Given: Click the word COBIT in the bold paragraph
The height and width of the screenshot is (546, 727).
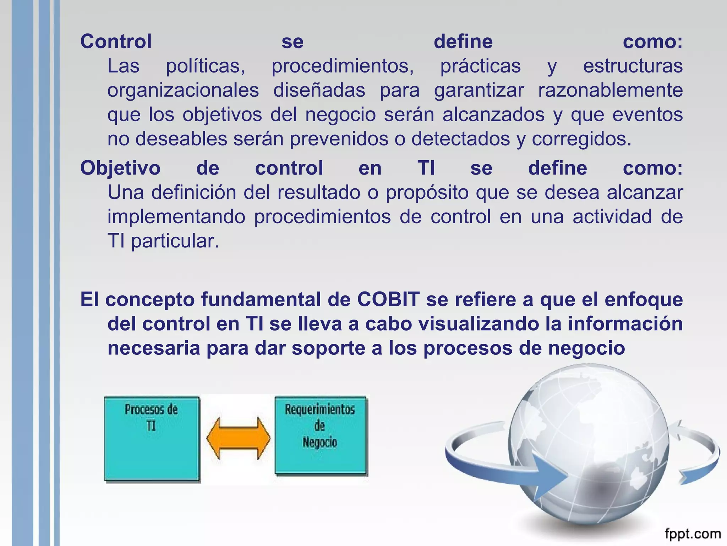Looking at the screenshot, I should (x=388, y=299).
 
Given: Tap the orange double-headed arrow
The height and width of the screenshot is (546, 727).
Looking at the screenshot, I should (x=238, y=439).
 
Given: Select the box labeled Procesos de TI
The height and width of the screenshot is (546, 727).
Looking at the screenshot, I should (x=152, y=439).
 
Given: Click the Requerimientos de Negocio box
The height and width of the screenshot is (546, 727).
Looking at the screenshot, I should (x=320, y=435).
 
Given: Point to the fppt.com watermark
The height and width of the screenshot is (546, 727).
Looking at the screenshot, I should (x=693, y=534).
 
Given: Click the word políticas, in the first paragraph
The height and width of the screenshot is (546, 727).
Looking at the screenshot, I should (x=206, y=66).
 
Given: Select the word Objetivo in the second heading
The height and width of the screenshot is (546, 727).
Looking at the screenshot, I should (x=120, y=168).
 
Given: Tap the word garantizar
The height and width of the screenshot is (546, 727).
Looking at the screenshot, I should (x=479, y=90).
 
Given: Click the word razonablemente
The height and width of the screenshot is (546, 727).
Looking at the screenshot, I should (x=610, y=90).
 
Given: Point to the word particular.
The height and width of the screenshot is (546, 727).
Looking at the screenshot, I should (x=175, y=241).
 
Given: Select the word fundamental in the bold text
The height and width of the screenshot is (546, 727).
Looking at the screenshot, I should (x=261, y=299).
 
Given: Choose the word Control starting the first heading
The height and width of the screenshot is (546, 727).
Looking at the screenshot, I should (x=116, y=42).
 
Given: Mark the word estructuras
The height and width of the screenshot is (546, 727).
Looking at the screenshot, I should (x=633, y=66).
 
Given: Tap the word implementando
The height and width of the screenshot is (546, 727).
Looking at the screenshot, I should (x=176, y=217).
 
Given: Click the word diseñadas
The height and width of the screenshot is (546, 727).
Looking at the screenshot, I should (x=319, y=90).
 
